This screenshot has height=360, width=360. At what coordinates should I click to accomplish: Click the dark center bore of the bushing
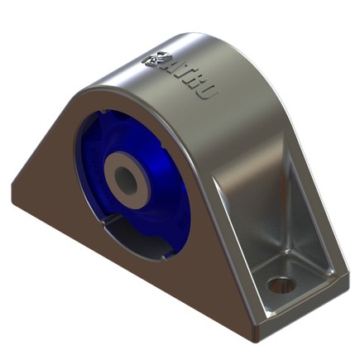(127, 175)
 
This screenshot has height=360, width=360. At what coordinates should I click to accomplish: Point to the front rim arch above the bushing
(124, 95)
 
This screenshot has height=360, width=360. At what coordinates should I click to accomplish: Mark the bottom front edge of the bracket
(124, 273)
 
